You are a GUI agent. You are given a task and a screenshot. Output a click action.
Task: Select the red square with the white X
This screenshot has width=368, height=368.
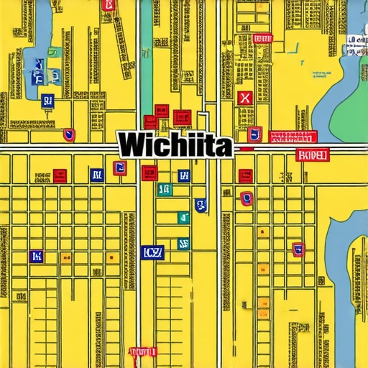[244, 98]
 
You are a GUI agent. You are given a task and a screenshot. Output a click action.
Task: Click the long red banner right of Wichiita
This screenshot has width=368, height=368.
[292, 136]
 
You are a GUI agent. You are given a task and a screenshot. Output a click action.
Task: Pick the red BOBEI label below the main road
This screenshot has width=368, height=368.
[312, 155]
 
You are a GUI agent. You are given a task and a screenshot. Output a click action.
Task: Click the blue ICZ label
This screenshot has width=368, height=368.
[152, 252]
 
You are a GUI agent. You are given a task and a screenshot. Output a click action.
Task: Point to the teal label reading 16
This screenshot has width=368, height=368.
[164, 189]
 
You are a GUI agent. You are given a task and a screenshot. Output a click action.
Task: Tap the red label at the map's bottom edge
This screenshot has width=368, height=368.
[142, 352]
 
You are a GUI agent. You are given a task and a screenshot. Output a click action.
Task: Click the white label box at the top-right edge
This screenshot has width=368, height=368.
[355, 44]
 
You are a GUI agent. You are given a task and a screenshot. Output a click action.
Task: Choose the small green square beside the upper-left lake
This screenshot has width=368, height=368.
[54, 52]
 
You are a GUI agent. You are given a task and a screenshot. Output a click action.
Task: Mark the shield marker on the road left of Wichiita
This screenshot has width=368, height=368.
[69, 134]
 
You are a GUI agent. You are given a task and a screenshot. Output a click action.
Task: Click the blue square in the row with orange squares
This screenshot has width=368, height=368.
[96, 174]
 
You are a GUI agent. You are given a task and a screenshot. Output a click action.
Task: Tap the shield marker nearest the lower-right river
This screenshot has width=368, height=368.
[298, 249]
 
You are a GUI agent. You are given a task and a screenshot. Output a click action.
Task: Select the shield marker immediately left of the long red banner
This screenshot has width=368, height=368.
[254, 134]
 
